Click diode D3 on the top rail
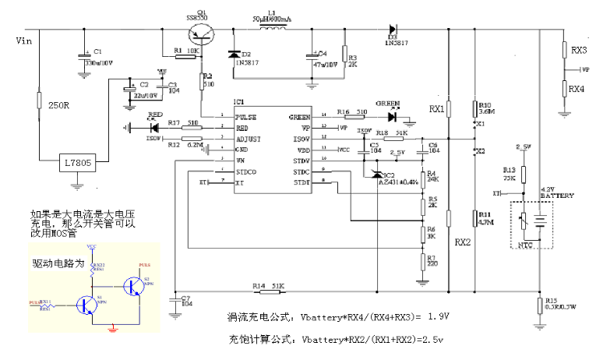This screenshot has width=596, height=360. click(x=393, y=29)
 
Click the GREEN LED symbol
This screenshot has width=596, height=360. click(x=391, y=115)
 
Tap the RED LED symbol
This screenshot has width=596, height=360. click(x=153, y=126)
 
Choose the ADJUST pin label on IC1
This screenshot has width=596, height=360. click(x=249, y=138)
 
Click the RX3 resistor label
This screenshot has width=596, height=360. click(x=579, y=50)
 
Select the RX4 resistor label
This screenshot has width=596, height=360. click(x=577, y=89)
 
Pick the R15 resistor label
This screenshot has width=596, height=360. click(x=552, y=301)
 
